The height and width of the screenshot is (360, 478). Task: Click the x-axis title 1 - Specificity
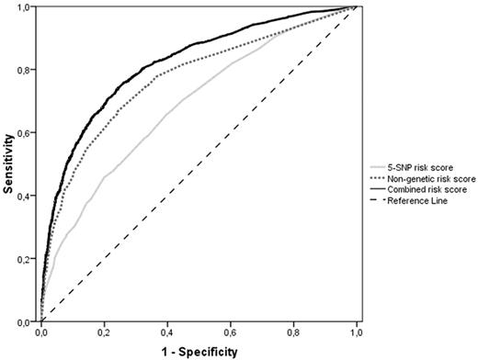point(199,350)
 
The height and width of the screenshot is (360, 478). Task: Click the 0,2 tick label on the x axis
point(105,332)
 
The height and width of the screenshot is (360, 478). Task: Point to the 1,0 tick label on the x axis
point(357,332)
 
